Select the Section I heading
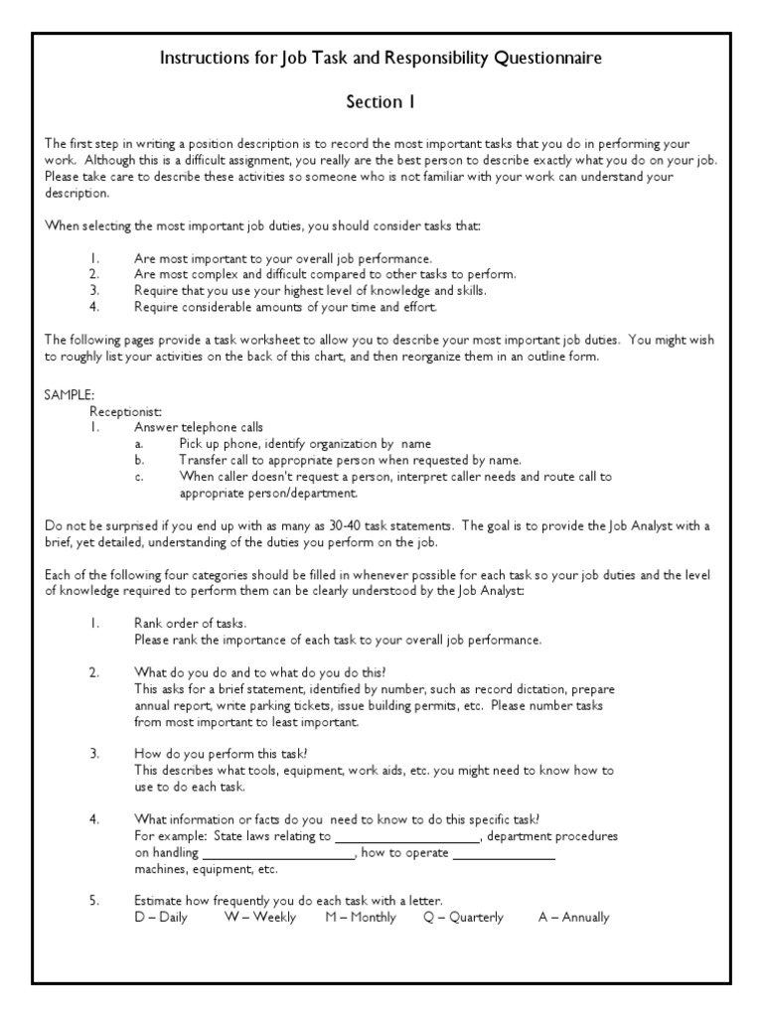(x=381, y=101)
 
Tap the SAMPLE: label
(x=70, y=394)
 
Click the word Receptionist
(x=126, y=410)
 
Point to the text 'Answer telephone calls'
(x=200, y=427)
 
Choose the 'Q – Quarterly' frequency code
(x=463, y=918)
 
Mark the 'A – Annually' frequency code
(x=573, y=918)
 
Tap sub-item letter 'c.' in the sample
(x=140, y=477)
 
